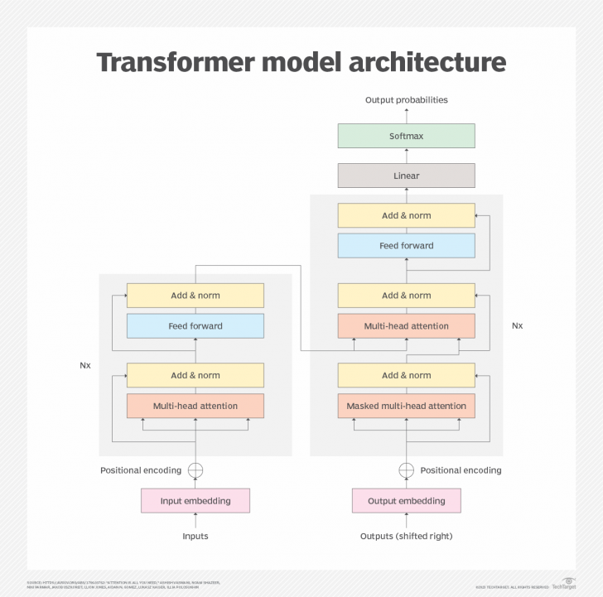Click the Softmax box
[406, 136]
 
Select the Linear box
[406, 176]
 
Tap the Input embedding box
[195, 501]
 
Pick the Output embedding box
[406, 501]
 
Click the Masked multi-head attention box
[406, 406]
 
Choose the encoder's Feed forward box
[195, 326]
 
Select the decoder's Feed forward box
[406, 246]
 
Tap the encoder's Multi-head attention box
[195, 406]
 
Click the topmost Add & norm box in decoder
[406, 215]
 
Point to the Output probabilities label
[406, 100]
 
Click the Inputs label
[195, 537]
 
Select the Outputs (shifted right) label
[406, 537]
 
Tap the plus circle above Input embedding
[195, 470]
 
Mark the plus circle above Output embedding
[406, 470]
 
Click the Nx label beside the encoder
[84, 364]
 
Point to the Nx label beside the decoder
[517, 325]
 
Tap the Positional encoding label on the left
[141, 470]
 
